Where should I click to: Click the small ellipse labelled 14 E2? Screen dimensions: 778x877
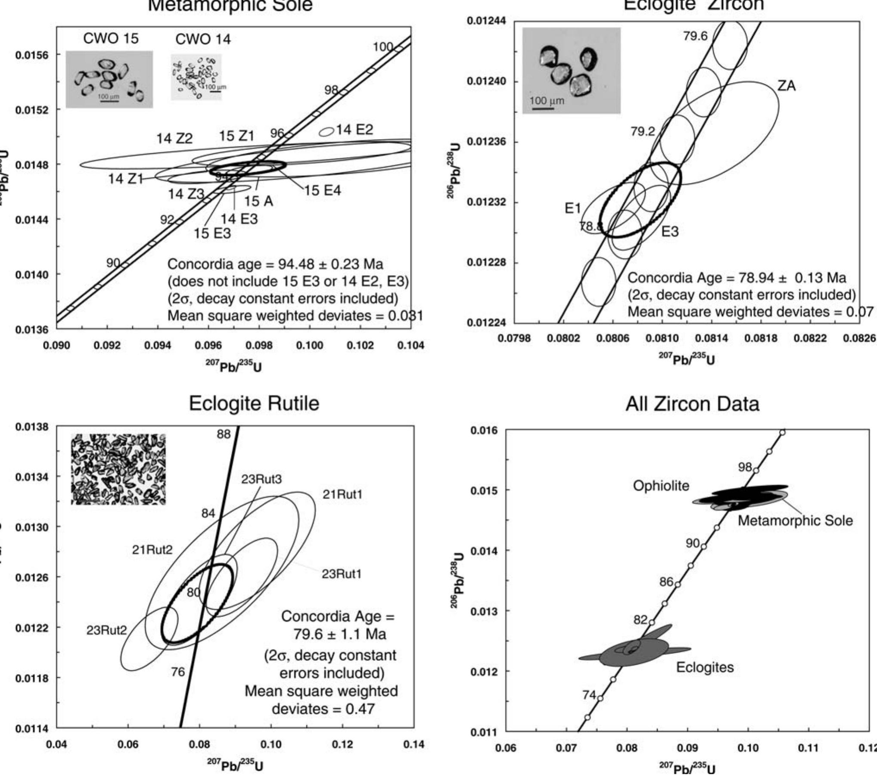327,131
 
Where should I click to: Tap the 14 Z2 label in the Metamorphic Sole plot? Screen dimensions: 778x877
174,139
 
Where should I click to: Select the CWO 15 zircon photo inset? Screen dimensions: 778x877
109,79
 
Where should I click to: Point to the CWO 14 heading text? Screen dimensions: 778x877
203,40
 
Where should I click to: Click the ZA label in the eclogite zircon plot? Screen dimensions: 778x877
787,86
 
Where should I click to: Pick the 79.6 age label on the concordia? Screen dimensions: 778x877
695,36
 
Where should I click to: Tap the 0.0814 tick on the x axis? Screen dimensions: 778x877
712,338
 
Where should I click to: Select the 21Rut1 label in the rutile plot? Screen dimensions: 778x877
342,495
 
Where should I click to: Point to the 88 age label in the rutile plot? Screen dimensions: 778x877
224,434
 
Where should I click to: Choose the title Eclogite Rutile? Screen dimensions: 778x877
254,404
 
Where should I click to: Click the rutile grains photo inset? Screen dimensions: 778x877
118,469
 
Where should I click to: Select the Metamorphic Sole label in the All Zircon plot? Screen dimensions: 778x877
795,520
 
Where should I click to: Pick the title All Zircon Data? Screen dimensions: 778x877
692,404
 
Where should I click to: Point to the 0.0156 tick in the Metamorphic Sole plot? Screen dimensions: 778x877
32,55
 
